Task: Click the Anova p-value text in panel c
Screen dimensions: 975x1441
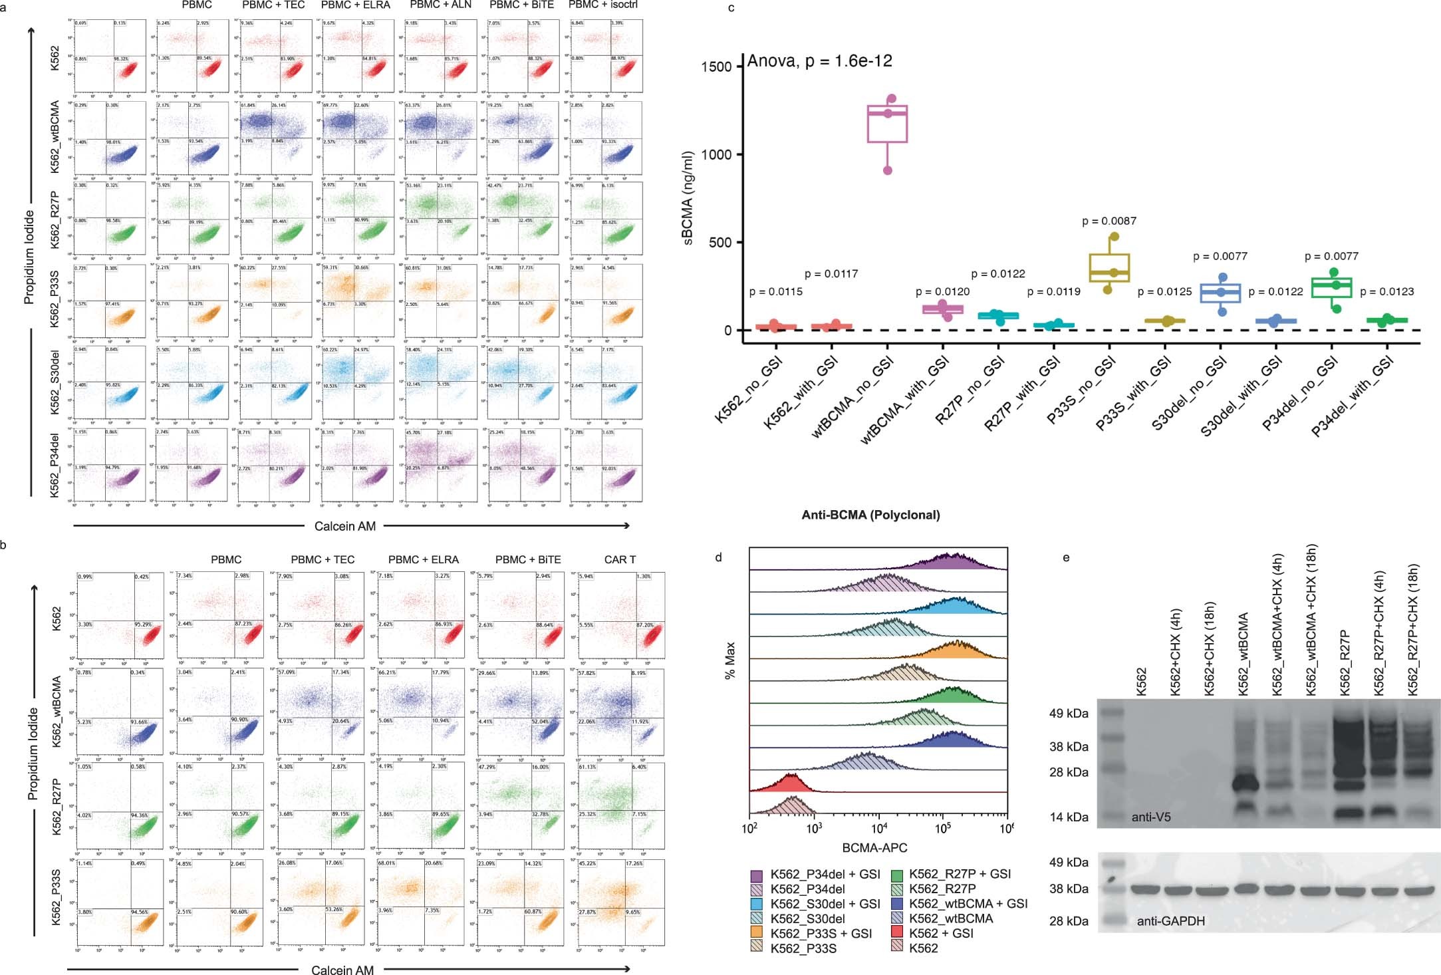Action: point(819,61)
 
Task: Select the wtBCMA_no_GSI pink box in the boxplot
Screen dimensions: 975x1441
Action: point(887,124)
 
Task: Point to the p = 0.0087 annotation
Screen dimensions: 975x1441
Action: point(1109,221)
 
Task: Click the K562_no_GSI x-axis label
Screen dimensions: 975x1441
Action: point(749,390)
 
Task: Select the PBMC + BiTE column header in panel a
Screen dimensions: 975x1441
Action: point(521,5)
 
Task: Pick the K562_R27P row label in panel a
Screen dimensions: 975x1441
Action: point(55,219)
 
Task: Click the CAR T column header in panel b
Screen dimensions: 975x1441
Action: point(620,559)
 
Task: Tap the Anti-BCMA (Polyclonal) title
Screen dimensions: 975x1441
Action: point(870,515)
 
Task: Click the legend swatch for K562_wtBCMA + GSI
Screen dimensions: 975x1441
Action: point(896,904)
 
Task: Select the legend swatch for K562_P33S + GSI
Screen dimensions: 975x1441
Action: point(757,933)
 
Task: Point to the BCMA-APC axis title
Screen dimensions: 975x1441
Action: point(874,848)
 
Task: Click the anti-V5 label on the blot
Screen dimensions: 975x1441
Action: point(1151,817)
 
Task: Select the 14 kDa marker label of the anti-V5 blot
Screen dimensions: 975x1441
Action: point(1069,817)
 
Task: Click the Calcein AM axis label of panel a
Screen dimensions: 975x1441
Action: point(344,526)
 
